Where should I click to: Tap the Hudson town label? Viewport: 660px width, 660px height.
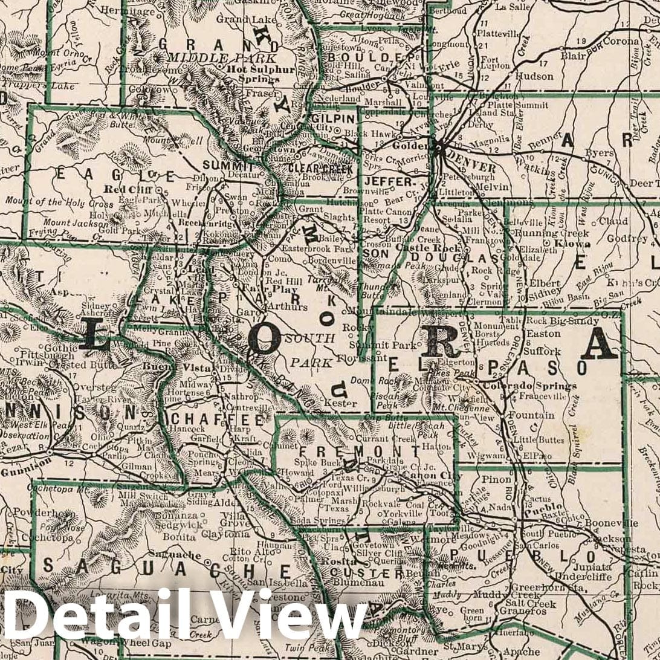[x=534, y=76]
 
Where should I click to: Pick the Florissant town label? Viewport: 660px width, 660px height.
[x=366, y=357]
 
